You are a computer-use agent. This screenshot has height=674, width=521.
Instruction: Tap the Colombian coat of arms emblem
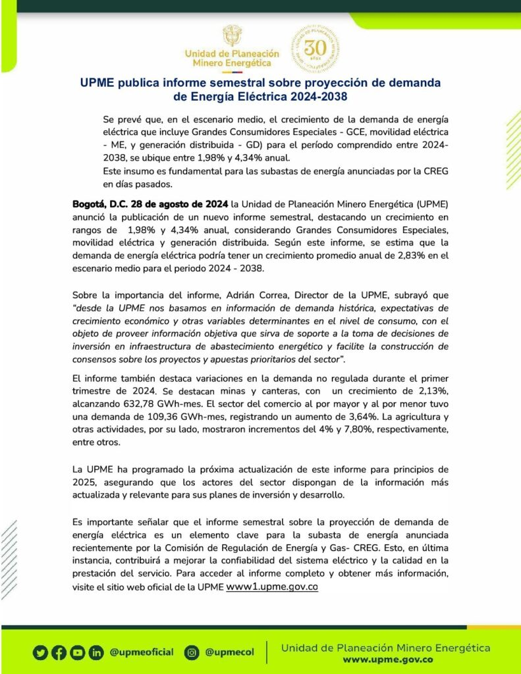232,36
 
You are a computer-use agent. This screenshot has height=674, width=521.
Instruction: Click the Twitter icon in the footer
41,653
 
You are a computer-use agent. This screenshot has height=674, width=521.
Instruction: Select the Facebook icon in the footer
59,653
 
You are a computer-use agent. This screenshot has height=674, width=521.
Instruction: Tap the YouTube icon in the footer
78,653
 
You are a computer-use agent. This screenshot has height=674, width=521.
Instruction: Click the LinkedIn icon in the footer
96,653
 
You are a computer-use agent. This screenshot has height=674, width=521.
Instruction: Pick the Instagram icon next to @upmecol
192,653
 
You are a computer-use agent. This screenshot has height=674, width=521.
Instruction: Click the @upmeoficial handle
142,652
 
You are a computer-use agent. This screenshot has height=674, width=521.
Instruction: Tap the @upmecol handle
229,652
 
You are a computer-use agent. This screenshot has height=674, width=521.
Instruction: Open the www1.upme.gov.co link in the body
272,586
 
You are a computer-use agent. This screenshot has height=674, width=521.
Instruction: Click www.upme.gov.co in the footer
387,660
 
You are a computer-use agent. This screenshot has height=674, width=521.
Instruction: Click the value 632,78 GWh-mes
167,405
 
